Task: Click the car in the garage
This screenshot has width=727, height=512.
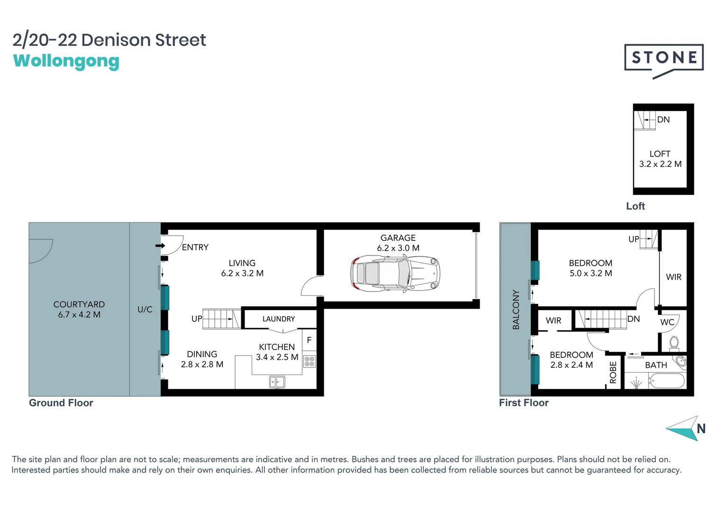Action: pos(395,274)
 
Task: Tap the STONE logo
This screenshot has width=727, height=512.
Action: pos(663,58)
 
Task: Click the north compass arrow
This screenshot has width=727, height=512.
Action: pos(684,429)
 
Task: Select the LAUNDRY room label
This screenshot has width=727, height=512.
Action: pos(279,319)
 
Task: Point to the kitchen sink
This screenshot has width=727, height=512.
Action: pos(277,381)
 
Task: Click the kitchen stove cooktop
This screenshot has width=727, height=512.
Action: pos(309,362)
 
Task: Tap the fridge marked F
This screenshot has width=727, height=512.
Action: pos(309,340)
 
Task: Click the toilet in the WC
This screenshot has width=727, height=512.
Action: pos(674,342)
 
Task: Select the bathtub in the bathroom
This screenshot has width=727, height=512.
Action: pos(667,381)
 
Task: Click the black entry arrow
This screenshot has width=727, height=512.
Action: pos(160,246)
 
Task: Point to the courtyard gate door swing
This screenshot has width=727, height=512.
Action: pos(41,250)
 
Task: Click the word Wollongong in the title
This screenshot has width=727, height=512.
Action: pos(66,61)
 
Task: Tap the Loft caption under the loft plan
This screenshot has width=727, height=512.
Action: pos(635,206)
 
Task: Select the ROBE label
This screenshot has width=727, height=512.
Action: pos(613,372)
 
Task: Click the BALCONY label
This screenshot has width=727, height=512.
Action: pos(516,310)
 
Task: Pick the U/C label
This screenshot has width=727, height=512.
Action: pos(145,310)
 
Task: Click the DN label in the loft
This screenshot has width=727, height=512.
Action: pos(663,119)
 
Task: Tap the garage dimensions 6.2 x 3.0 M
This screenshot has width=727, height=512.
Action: pos(398,248)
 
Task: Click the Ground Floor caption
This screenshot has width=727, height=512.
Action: pos(61,403)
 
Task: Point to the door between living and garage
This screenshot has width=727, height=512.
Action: pos(310,287)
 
